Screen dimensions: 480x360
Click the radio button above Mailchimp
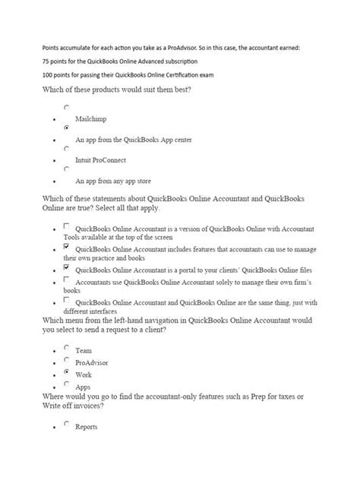(67, 108)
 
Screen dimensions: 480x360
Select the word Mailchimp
(90, 119)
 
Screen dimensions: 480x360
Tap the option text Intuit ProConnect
(100, 160)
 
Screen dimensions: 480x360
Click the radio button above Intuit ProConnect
(67, 149)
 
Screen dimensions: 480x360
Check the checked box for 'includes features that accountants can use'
(67, 247)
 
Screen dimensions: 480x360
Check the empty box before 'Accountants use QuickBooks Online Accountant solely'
(67, 280)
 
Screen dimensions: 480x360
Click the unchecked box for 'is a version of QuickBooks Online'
(67, 226)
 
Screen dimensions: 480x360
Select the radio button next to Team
(67, 348)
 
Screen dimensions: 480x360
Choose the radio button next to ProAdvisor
(67, 360)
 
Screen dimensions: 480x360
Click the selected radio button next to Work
(67, 372)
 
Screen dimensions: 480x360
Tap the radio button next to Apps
(67, 384)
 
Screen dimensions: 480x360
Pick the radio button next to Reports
(67, 425)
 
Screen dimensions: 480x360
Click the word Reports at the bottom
(87, 428)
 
